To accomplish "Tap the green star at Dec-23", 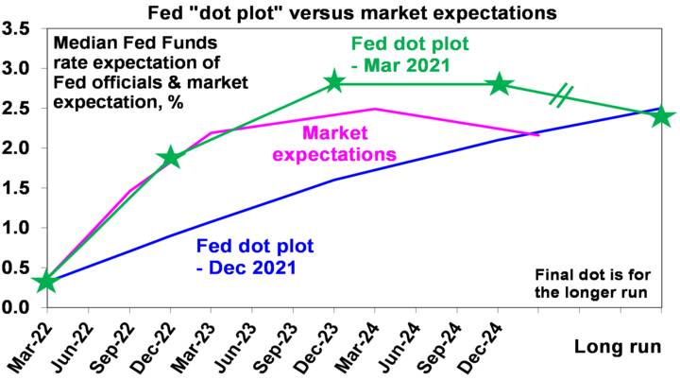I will [334, 82].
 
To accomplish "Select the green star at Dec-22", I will [170, 158].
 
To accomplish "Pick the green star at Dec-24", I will [499, 84].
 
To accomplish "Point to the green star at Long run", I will [661, 116].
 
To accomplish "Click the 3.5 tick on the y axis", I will [16, 28].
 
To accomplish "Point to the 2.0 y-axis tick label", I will [16, 148].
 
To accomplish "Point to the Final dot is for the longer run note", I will [590, 284].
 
